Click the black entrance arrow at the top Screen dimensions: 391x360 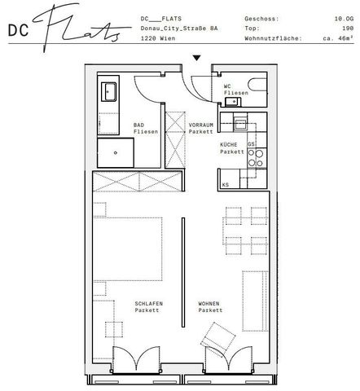point(196,58)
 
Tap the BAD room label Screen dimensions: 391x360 point(139,125)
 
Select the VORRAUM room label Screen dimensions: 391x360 point(200,125)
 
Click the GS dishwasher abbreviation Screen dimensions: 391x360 point(251,144)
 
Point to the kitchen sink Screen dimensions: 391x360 point(241,123)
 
